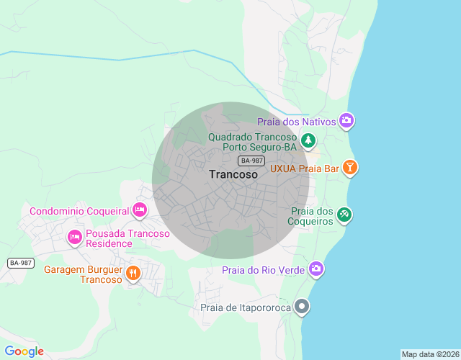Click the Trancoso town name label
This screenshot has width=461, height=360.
[233, 174]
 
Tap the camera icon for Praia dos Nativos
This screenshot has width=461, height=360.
[346, 121]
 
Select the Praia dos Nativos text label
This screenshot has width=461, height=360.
[297, 122]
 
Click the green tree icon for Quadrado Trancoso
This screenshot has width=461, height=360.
[308, 140]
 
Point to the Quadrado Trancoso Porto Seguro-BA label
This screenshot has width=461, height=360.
[252, 142]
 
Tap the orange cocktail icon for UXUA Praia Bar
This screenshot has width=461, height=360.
[349, 168]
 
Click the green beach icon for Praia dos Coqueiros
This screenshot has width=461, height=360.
[345, 214]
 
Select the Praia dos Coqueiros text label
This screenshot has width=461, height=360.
[312, 216]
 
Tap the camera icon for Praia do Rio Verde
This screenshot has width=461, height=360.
[315, 269]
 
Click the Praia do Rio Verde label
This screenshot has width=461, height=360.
[263, 270]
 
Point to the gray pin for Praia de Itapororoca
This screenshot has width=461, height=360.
[303, 307]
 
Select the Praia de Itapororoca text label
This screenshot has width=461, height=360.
[245, 308]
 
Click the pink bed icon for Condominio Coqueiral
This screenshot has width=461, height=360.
[140, 210]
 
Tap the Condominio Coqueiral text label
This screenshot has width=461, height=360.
[79, 211]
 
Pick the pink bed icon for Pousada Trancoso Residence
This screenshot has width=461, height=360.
[74, 236]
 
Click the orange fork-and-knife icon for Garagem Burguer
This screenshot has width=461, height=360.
[133, 273]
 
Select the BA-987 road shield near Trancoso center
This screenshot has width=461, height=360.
[252, 161]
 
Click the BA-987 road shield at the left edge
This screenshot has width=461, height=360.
[21, 263]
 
